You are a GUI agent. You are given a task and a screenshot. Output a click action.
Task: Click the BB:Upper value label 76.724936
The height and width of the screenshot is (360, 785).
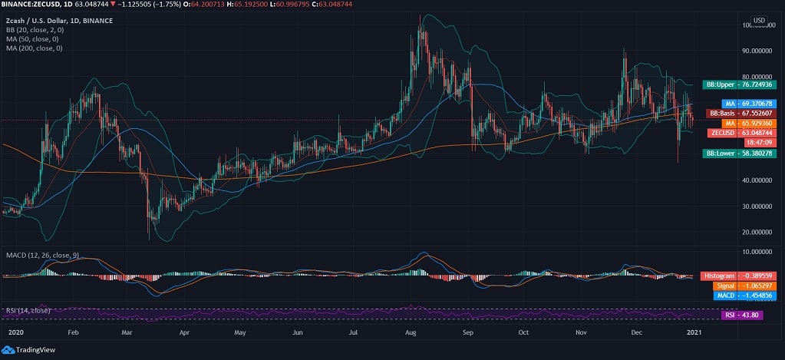tap(741, 84)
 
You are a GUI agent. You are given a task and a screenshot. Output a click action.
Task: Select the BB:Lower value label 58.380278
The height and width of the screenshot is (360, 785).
tap(741, 154)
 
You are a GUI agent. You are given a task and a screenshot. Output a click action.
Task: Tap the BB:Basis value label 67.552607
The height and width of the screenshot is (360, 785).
tap(740, 113)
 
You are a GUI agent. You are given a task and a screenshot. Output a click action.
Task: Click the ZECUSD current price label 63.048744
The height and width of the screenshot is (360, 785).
tap(740, 133)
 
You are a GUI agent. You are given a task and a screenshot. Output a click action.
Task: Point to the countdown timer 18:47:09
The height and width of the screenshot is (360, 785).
tap(753, 143)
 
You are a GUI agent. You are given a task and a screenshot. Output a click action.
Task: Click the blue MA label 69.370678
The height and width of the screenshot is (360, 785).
tap(750, 103)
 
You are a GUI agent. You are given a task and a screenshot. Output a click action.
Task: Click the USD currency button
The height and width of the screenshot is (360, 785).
tap(759, 20)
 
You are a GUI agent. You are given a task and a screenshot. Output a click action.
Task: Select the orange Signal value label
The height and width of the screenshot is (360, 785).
tap(744, 285)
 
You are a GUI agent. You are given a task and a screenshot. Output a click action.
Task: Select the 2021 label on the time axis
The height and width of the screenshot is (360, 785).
tap(693, 333)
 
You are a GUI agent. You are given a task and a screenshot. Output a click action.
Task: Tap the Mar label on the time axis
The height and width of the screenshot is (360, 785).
tap(127, 333)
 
